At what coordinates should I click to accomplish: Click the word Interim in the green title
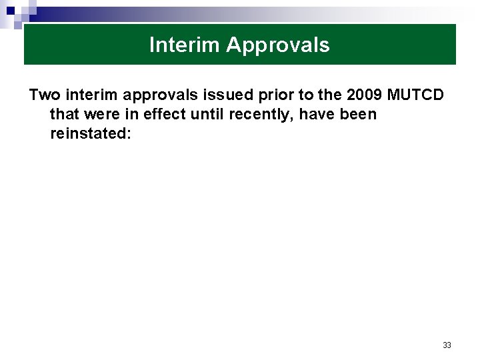[x=185, y=45]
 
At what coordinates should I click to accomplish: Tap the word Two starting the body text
[x=45, y=95]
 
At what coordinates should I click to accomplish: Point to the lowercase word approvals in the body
[x=159, y=95]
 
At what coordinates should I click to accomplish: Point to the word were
[x=105, y=114]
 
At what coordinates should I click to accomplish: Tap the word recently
[x=260, y=115]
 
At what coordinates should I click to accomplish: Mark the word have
[x=317, y=114]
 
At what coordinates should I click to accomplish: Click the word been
[x=357, y=114]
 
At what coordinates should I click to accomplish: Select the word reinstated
[x=89, y=133]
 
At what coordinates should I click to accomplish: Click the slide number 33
[x=447, y=345]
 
